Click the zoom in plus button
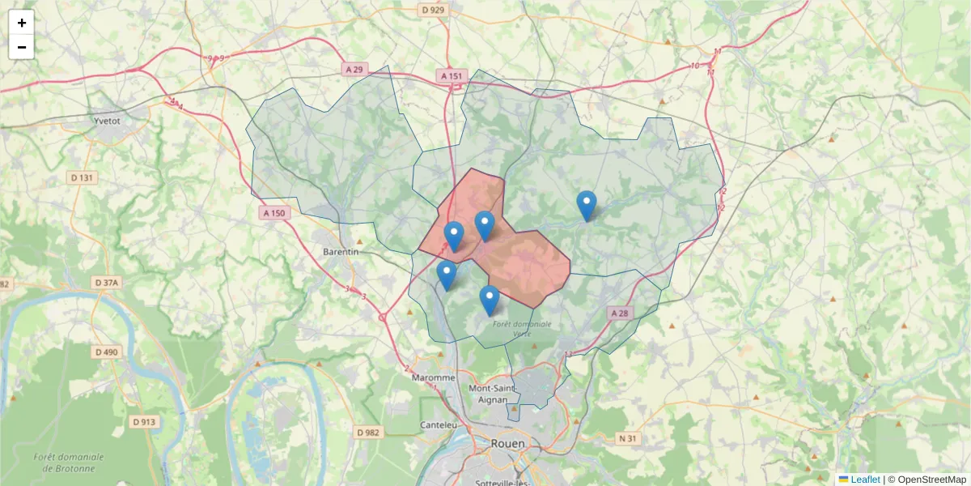(x=22, y=23)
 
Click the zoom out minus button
(x=22, y=47)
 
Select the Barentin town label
(x=341, y=252)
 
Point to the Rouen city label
(x=507, y=444)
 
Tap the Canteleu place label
(x=439, y=424)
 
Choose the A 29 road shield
(x=354, y=70)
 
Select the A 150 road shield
(x=273, y=213)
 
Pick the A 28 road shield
(x=619, y=313)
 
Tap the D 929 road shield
(x=434, y=10)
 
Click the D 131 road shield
(x=82, y=177)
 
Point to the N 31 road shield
(x=627, y=438)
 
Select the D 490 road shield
(x=106, y=352)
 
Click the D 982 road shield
(x=367, y=433)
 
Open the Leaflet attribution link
(x=864, y=480)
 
